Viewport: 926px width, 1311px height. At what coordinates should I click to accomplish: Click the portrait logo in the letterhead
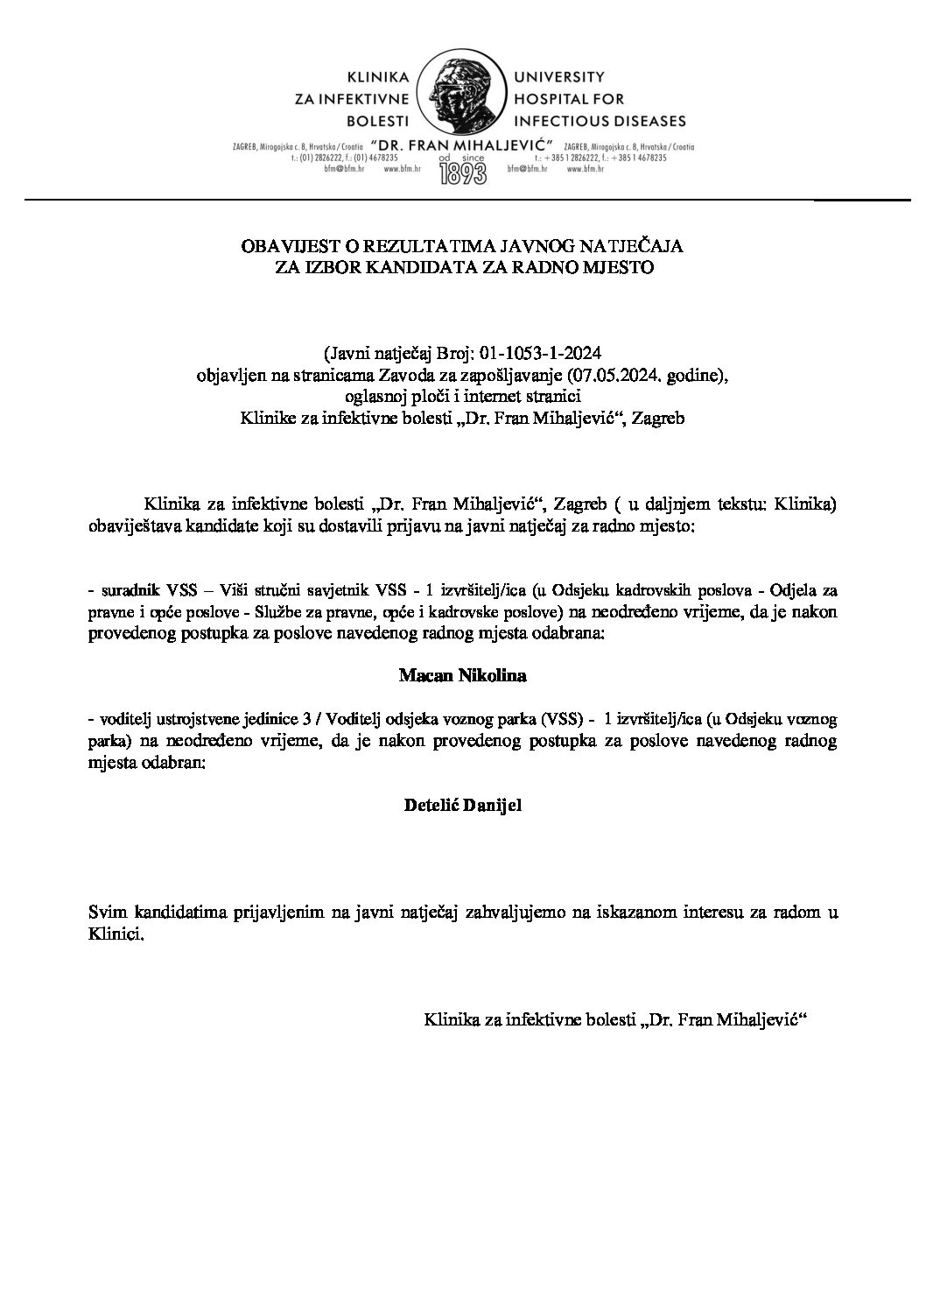point(463,98)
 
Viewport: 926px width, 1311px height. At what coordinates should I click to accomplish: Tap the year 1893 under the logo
point(463,173)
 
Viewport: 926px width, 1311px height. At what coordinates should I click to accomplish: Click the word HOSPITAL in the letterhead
point(555,99)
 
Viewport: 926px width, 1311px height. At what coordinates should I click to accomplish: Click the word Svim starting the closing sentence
point(106,913)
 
